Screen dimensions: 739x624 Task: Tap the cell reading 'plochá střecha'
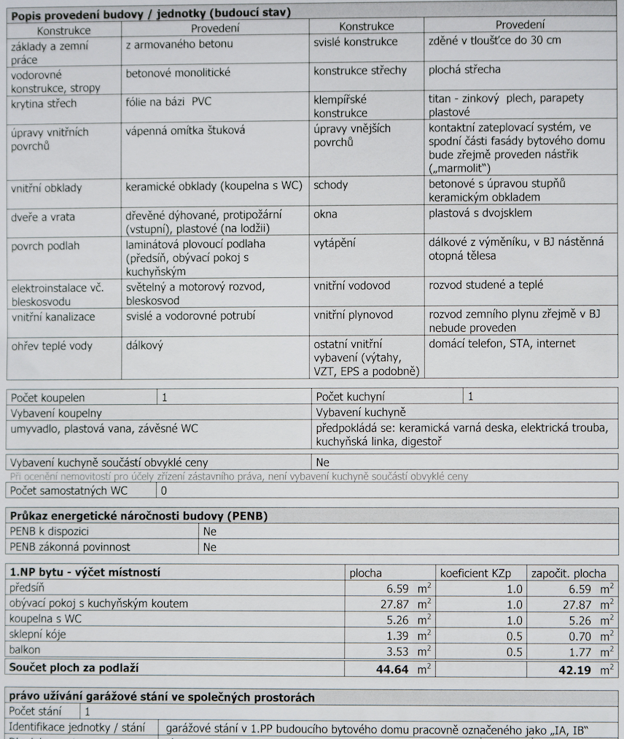(x=464, y=70)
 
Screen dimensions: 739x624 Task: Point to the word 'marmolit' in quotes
(x=460, y=168)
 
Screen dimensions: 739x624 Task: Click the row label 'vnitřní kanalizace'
(x=53, y=317)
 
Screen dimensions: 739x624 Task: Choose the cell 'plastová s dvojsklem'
(x=480, y=213)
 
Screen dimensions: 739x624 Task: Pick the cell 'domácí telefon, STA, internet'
(x=502, y=343)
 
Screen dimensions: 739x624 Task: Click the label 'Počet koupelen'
(x=47, y=398)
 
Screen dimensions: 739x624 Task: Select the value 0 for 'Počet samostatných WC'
(x=163, y=491)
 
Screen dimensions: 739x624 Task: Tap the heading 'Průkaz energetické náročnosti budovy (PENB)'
(x=139, y=516)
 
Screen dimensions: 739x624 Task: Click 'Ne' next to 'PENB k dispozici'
(x=210, y=532)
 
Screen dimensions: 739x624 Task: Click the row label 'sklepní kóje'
(x=38, y=635)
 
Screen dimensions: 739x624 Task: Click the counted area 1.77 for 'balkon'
(x=582, y=651)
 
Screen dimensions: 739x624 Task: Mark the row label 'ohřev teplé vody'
(x=52, y=346)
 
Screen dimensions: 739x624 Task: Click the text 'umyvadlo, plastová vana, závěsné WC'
(x=104, y=429)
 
